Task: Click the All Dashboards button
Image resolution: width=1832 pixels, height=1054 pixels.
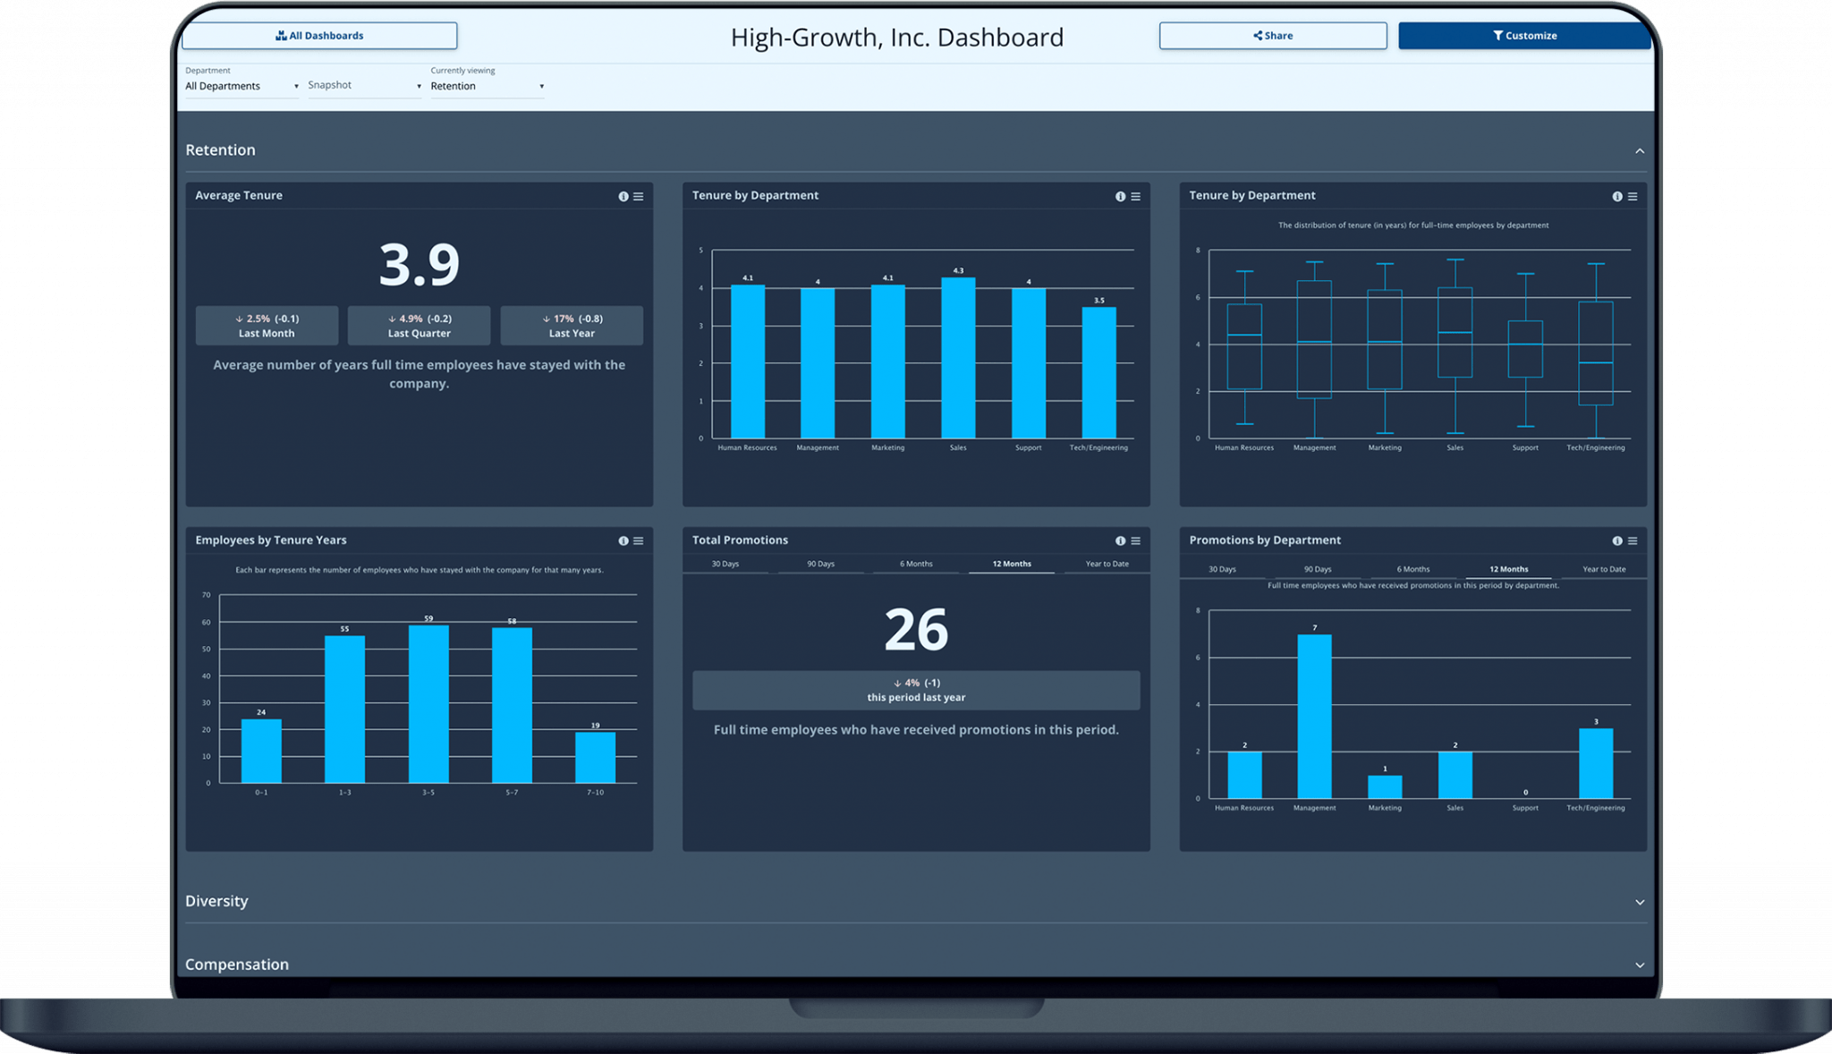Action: point(319,36)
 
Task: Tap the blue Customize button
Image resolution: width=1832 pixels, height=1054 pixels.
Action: point(1524,36)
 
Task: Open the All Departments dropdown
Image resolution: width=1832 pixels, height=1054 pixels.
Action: point(242,86)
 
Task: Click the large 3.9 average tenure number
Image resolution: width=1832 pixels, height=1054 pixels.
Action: point(419,265)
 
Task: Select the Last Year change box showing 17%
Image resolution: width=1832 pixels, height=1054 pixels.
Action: point(571,326)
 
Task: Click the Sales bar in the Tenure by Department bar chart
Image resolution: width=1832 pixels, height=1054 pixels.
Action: point(958,358)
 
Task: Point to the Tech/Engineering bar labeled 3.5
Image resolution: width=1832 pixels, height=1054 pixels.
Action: point(1098,373)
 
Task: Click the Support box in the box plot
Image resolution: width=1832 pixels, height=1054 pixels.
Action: point(1525,349)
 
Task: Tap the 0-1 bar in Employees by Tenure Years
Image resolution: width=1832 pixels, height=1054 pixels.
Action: point(261,752)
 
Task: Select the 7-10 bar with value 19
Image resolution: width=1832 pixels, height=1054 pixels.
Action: point(595,758)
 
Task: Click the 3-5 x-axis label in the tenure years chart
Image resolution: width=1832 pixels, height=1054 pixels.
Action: point(428,793)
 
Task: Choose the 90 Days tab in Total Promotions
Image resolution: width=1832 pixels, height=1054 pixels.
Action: point(820,564)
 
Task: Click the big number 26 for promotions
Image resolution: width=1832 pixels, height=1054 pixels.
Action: point(916,630)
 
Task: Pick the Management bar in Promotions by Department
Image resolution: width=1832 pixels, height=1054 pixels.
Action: point(1314,716)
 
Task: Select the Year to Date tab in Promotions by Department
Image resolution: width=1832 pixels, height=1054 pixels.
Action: point(1604,569)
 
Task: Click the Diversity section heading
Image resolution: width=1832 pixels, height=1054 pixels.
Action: point(216,901)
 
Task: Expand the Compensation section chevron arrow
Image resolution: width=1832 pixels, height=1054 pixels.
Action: point(1640,965)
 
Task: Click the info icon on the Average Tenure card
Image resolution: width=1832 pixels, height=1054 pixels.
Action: point(623,197)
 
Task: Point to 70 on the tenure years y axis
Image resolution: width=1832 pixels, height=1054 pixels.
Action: point(207,595)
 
